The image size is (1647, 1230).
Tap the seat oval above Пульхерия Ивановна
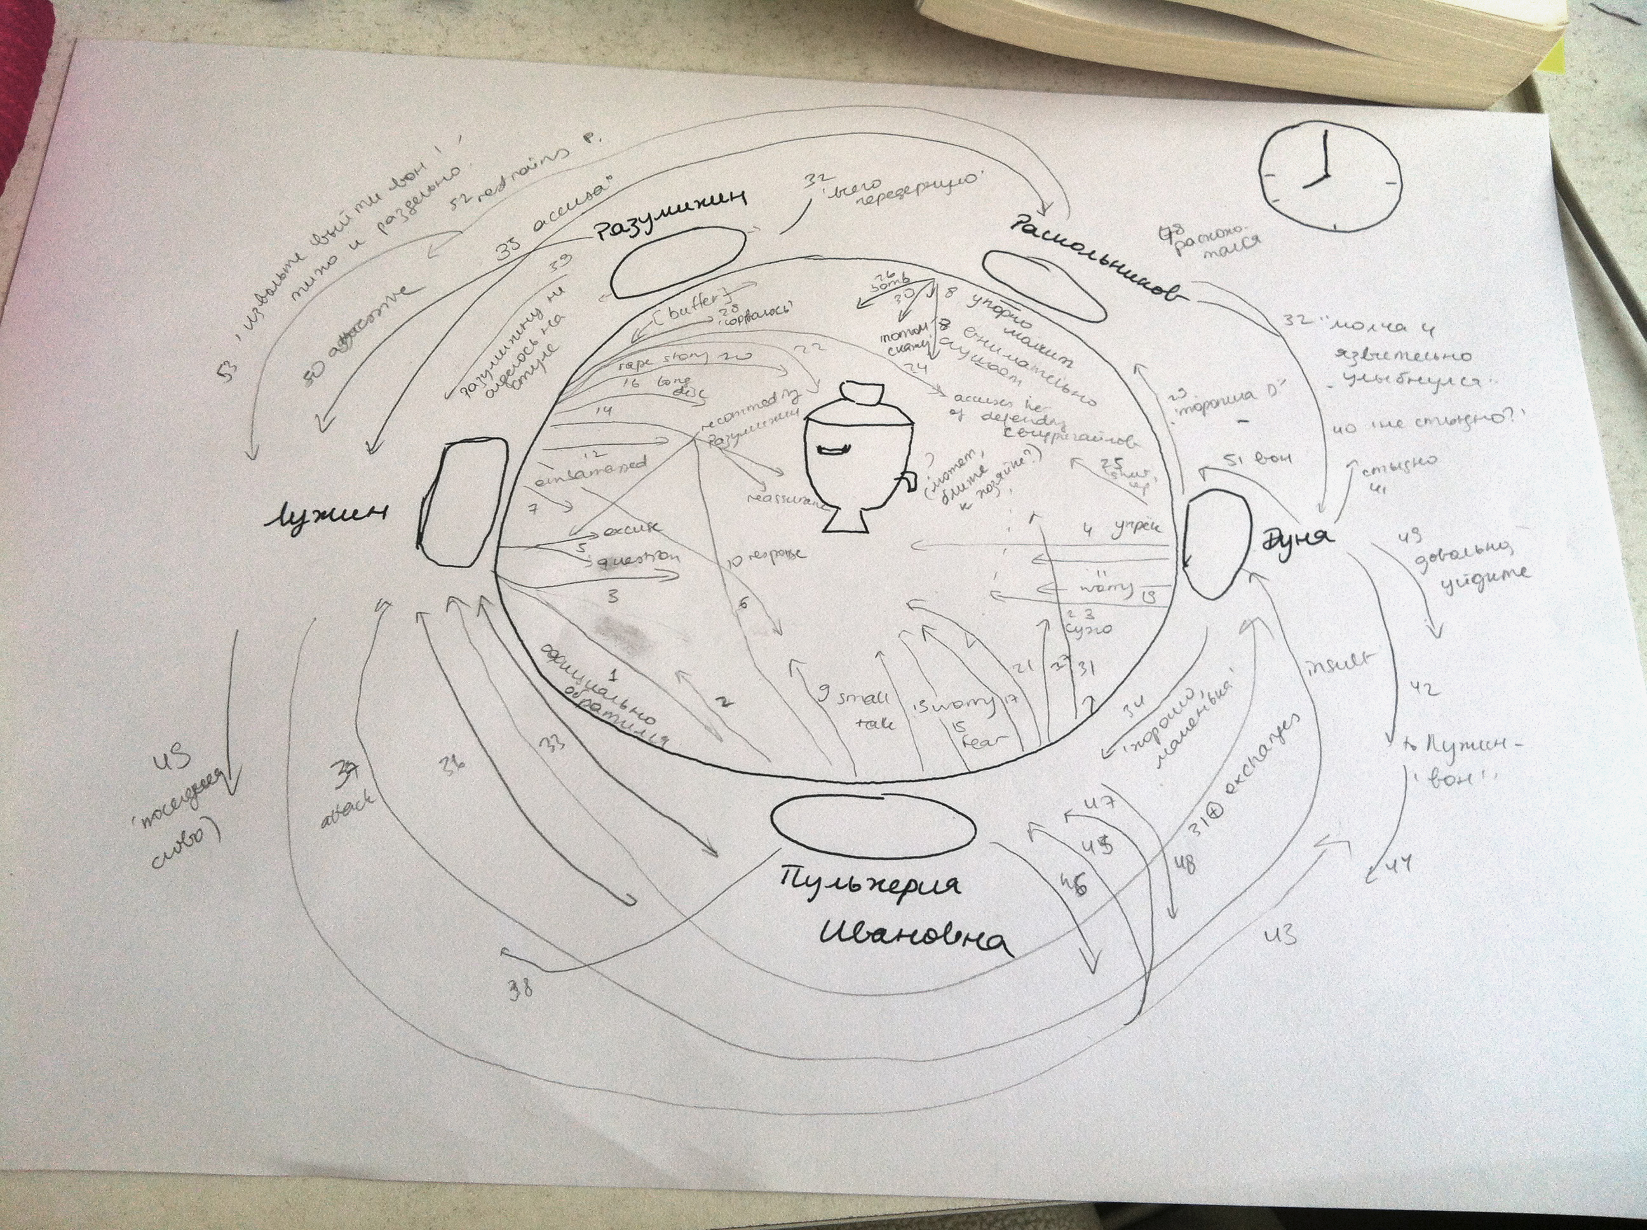pos(872,820)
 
